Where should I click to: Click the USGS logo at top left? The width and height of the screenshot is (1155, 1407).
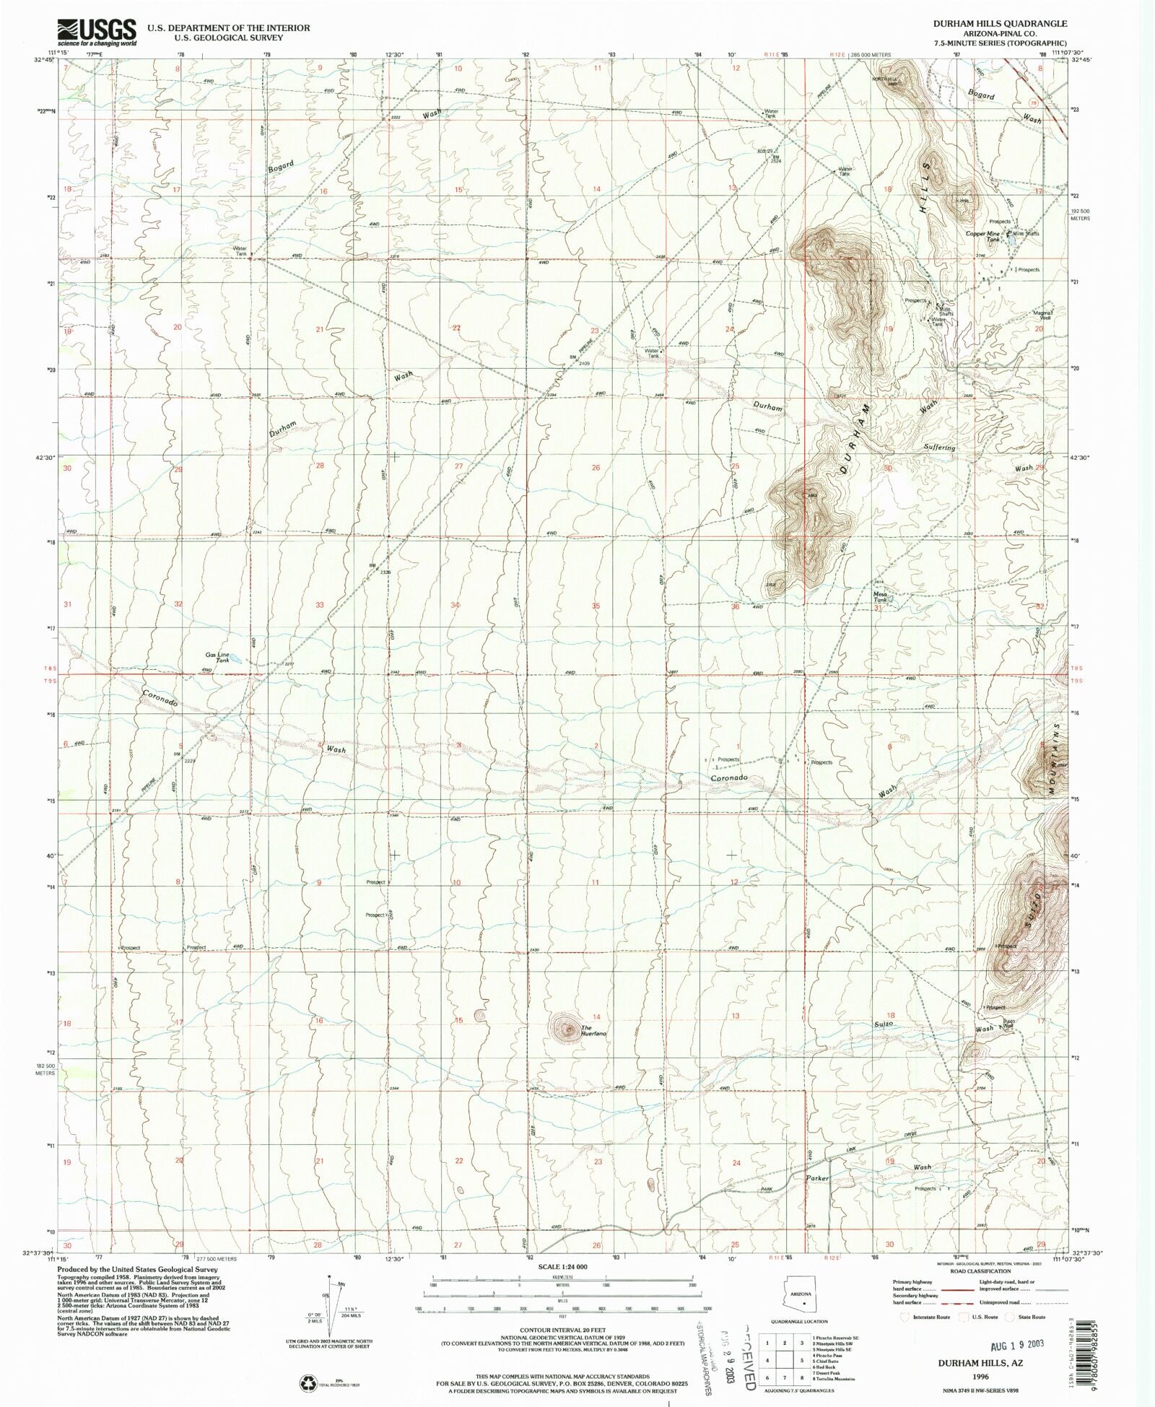pos(97,32)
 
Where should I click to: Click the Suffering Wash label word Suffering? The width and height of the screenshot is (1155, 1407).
pos(939,448)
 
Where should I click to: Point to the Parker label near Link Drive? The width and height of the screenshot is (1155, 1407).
pos(818,1177)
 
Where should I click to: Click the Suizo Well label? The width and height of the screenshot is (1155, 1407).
pos(1008,1024)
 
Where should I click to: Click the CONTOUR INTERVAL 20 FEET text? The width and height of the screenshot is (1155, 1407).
pos(563,1328)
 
